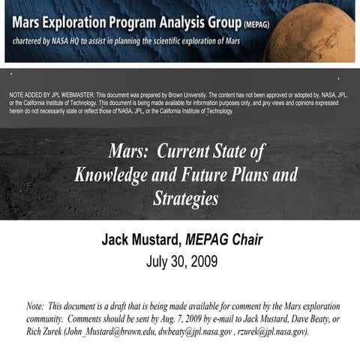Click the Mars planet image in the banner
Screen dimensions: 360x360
[319, 31]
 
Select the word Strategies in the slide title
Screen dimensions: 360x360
[185, 199]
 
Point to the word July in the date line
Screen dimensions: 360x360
[159, 262]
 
